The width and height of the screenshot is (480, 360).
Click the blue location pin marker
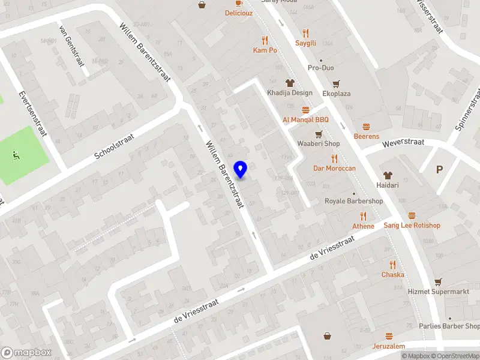point(241,169)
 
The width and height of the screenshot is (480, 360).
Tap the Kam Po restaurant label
point(265,50)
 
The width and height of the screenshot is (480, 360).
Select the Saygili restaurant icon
point(305,33)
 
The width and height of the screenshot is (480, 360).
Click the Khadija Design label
point(290,93)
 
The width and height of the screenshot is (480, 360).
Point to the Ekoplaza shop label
point(336,94)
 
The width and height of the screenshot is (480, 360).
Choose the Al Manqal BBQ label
point(306,119)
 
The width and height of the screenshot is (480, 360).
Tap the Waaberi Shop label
point(319,143)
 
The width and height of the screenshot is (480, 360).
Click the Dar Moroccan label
point(334,168)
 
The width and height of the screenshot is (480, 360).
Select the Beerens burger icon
point(366,127)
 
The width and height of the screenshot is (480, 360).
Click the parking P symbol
point(440,170)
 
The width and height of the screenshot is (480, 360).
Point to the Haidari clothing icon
point(388,175)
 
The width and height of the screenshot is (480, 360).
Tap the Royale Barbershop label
point(353,201)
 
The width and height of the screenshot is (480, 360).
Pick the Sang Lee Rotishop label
point(412,225)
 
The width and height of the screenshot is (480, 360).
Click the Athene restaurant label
point(363,226)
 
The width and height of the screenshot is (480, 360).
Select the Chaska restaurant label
point(392,275)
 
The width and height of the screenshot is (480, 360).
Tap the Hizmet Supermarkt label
point(438,292)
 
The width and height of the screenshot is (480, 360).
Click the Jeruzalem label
point(388,346)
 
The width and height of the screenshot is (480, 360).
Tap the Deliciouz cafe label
point(238,13)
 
